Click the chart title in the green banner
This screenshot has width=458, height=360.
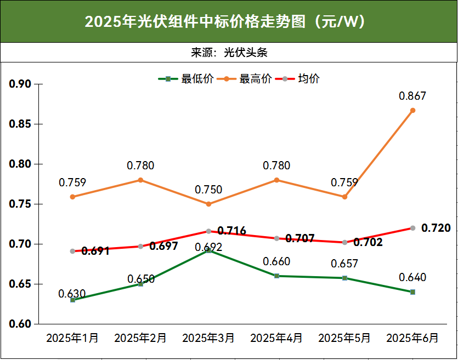click(x=229, y=21)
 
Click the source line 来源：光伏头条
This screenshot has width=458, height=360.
click(x=229, y=53)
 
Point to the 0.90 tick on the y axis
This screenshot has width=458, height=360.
click(x=20, y=84)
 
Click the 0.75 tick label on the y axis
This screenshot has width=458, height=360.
click(x=20, y=204)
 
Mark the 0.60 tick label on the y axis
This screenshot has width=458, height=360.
click(x=20, y=324)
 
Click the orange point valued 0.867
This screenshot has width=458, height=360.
click(x=412, y=110)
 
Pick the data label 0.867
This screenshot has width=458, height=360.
click(x=412, y=96)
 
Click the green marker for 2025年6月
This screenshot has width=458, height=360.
click(x=412, y=292)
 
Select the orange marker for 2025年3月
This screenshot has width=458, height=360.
click(x=208, y=204)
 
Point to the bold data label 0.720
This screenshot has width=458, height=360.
click(x=436, y=228)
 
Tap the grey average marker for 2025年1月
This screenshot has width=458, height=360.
click(x=72, y=251)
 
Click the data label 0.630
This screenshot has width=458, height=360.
click(x=72, y=294)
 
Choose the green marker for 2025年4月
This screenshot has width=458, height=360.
click(x=276, y=276)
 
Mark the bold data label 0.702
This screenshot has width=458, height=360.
click(x=368, y=242)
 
